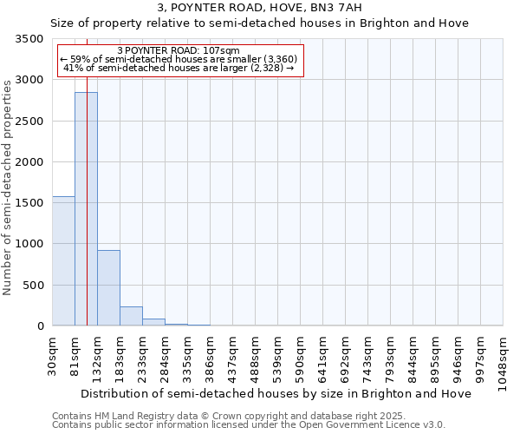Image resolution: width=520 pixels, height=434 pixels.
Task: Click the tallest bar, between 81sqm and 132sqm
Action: tap(86, 208)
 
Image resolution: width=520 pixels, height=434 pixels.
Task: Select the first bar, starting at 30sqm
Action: tap(63, 260)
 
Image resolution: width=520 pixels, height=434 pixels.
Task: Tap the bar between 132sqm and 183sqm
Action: tap(108, 287)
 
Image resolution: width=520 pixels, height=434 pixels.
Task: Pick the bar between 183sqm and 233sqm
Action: tap(131, 316)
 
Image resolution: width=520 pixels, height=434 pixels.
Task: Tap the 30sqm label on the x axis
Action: tap(53, 352)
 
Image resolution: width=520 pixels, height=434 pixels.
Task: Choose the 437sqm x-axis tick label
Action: tap(233, 352)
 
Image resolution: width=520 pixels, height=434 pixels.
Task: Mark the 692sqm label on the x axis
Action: tap(346, 352)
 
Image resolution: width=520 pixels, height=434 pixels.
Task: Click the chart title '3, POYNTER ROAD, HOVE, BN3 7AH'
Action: tap(259, 8)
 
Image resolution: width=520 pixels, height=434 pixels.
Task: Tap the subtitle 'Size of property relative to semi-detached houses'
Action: tap(259, 23)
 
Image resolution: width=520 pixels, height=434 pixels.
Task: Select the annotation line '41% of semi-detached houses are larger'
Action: tap(180, 69)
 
